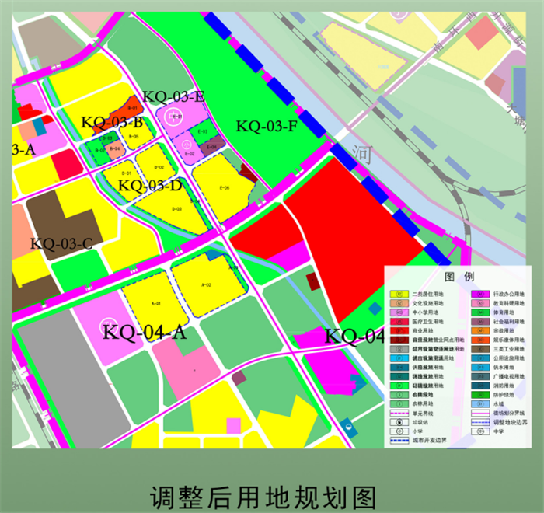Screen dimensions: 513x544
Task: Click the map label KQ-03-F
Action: [267, 125]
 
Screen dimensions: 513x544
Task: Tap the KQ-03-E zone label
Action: [173, 97]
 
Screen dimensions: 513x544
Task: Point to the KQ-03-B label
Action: [111, 122]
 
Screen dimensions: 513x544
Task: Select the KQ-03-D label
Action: [150, 186]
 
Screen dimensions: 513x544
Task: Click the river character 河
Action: [361, 152]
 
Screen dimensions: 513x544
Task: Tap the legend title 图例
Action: [459, 277]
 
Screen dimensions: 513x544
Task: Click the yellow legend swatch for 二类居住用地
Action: [399, 295]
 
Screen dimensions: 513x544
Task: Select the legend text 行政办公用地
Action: [510, 295]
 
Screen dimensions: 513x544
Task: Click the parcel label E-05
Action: [225, 187]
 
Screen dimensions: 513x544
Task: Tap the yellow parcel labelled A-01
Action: [155, 303]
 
